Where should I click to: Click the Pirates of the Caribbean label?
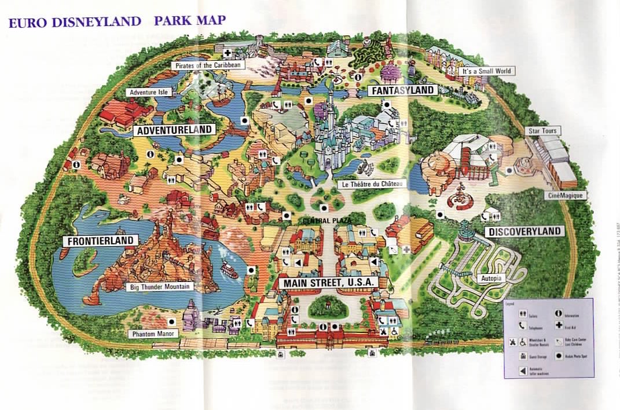[x=208, y=65]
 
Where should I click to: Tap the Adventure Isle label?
[x=148, y=92]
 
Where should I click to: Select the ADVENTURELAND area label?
[x=173, y=130]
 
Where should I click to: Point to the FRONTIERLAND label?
[x=101, y=240]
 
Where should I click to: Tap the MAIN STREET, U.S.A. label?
[x=328, y=283]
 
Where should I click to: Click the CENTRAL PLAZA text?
[x=323, y=221]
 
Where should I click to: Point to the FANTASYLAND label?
[x=402, y=90]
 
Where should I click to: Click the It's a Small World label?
[x=486, y=71]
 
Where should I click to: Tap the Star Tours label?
[x=543, y=131]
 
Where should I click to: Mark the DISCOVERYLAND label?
[x=524, y=232]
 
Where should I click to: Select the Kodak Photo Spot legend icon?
[x=560, y=356]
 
